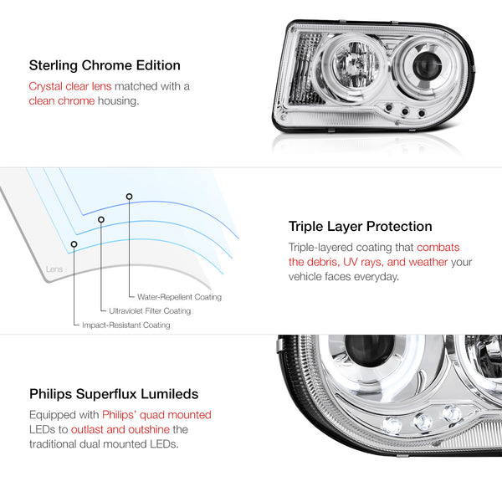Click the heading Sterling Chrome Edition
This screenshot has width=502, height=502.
pyautogui.click(x=105, y=65)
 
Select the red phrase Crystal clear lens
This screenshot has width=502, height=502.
pyautogui.click(x=70, y=86)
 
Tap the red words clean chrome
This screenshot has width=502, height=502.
pyautogui.click(x=62, y=101)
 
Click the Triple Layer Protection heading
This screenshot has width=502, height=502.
pyautogui.click(x=360, y=227)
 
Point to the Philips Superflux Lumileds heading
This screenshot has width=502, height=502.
pyautogui.click(x=114, y=394)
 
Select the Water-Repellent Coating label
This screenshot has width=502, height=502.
pyautogui.click(x=179, y=297)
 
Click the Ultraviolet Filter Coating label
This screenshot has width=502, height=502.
pyautogui.click(x=150, y=311)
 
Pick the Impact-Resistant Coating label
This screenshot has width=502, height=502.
pyautogui.click(x=126, y=325)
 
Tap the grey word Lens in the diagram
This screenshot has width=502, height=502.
pyautogui.click(x=54, y=269)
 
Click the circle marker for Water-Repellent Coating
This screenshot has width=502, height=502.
pyautogui.click(x=129, y=197)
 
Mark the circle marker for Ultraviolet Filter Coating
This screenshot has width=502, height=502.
pyautogui.click(x=101, y=219)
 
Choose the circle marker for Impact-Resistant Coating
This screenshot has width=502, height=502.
pyautogui.click(x=74, y=244)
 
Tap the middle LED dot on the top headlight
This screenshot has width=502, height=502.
pyautogui.click(x=405, y=111)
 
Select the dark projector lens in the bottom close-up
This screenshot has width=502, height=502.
pyautogui.click(x=370, y=350)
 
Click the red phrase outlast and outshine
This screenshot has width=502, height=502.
pyautogui.click(x=120, y=429)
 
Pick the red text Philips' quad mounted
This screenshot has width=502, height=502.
pyautogui.click(x=157, y=415)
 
